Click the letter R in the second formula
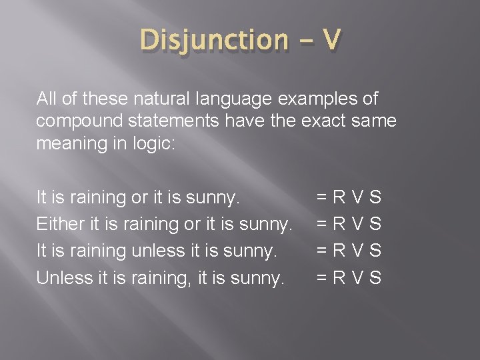pos(339,224)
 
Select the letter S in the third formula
pos(375,251)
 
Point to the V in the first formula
pos(357,197)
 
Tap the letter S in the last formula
pos(375,277)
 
